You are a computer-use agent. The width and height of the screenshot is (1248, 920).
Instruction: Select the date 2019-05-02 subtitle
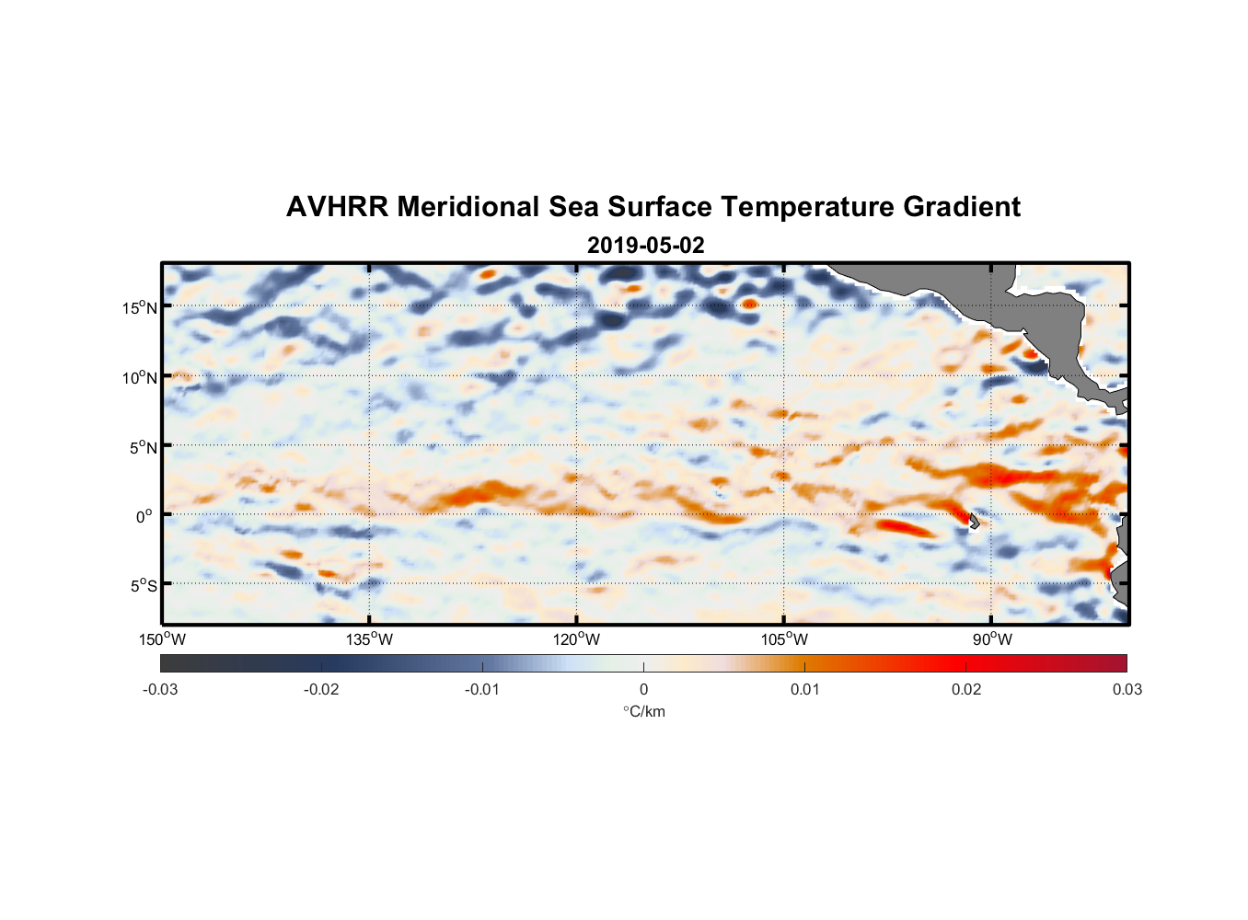pyautogui.click(x=645, y=246)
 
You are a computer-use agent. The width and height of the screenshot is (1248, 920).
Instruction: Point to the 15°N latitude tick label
pyautogui.click(x=140, y=307)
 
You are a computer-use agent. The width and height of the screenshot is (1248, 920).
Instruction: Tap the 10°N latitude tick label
pyautogui.click(x=140, y=377)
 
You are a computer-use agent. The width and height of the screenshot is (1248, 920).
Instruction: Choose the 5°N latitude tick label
pyautogui.click(x=143, y=447)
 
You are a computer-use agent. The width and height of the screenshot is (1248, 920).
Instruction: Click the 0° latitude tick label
pyautogui.click(x=144, y=516)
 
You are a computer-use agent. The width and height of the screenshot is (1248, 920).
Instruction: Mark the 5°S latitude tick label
pyautogui.click(x=143, y=585)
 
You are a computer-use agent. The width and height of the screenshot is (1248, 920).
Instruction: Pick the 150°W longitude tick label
pyautogui.click(x=163, y=639)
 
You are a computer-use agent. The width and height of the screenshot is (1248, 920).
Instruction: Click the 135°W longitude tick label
pyautogui.click(x=370, y=639)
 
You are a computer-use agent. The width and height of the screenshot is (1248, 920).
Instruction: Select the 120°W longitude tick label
pyautogui.click(x=577, y=639)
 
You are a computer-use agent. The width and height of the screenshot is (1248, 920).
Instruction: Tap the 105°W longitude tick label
pyautogui.click(x=784, y=639)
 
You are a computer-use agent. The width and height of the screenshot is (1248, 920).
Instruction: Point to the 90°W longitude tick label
pyautogui.click(x=992, y=639)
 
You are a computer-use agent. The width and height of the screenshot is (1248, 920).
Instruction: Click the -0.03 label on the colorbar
pyautogui.click(x=160, y=690)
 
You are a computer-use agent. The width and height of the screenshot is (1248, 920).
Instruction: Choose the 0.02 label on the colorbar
pyautogui.click(x=965, y=690)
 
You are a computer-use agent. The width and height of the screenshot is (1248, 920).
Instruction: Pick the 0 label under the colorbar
pyautogui.click(x=643, y=690)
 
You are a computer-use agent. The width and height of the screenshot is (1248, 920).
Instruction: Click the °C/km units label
pyautogui.click(x=643, y=712)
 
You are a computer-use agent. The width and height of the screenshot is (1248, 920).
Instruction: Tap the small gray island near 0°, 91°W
pyautogui.click(x=974, y=521)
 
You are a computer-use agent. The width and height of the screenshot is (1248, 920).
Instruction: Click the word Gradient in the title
pyautogui.click(x=962, y=207)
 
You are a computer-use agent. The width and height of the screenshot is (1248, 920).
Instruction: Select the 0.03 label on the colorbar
pyautogui.click(x=1127, y=690)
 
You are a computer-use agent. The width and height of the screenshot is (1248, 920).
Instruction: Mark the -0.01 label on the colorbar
pyautogui.click(x=482, y=690)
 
